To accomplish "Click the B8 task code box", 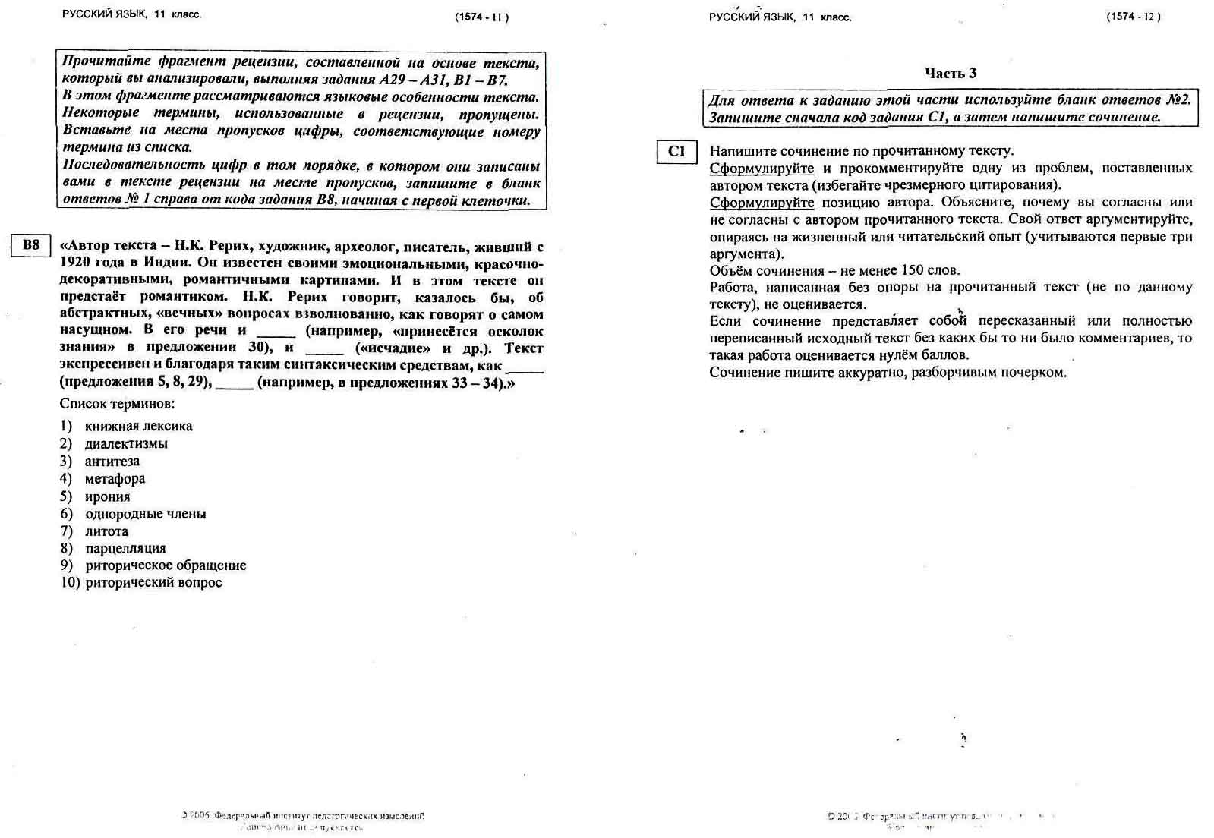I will coord(30,246).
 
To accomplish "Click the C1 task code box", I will coord(676,152).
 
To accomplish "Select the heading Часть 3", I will coord(950,74).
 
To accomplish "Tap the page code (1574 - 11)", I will coord(481,17).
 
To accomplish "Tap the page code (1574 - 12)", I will coord(1133,17).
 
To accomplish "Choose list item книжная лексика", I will coord(138,427).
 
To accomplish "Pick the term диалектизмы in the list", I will coord(126,444).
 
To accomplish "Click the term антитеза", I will coord(112,462).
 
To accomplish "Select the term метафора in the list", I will coord(115,479).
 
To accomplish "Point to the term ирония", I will coord(107,497).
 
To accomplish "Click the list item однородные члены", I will coord(145,515).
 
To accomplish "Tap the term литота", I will coord(106,531).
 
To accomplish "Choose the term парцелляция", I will coord(125,549).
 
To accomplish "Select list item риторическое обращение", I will coord(166,565).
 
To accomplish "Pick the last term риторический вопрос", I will coord(153,583).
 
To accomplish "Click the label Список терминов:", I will coord(117,404).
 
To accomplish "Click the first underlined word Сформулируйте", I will coord(762,169).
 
